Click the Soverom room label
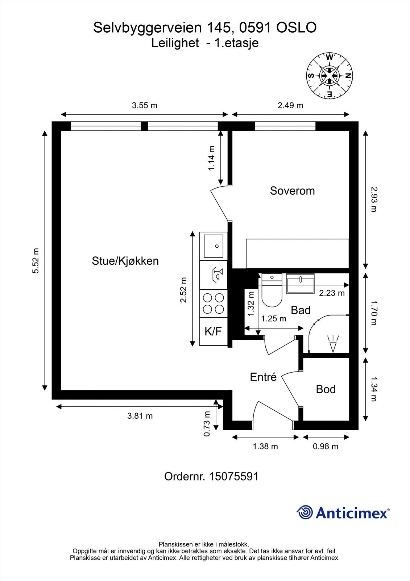tap(292, 191)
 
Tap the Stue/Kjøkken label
tap(125, 261)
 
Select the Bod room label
tap(326, 389)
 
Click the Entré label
tap(263, 377)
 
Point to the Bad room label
tap(301, 310)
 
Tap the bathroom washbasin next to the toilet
tap(300, 284)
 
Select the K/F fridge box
tap(213, 331)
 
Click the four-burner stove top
tap(213, 303)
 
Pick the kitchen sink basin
tap(213, 246)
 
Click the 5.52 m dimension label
tap(36, 261)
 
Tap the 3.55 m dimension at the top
tap(144, 106)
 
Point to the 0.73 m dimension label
tap(207, 424)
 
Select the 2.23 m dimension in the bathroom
tap(332, 293)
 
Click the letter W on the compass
tap(330, 57)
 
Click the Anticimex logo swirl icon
tap(305, 512)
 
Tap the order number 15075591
tap(234, 476)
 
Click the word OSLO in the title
tap(297, 28)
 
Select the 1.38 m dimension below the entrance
tap(265, 446)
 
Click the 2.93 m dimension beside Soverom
tap(373, 199)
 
